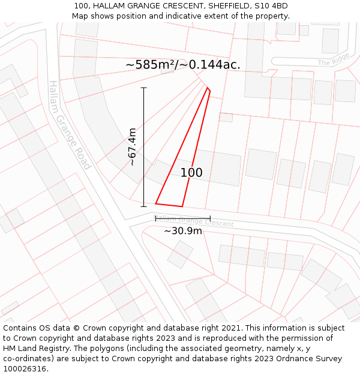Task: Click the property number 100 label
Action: tap(191, 173)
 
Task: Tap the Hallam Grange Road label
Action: tap(70, 125)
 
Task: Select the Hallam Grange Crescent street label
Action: tap(193, 220)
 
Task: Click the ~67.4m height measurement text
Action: tap(132, 147)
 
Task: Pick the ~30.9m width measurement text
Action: tap(183, 230)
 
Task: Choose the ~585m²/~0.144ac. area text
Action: tap(183, 65)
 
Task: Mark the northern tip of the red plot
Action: tap(208, 88)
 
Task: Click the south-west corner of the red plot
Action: tap(155, 203)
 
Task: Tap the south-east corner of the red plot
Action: tap(182, 207)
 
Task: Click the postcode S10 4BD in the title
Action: tap(272, 6)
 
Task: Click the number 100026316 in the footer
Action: tap(23, 368)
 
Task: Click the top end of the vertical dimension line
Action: tap(144, 88)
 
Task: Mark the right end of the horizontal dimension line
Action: tap(210, 218)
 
